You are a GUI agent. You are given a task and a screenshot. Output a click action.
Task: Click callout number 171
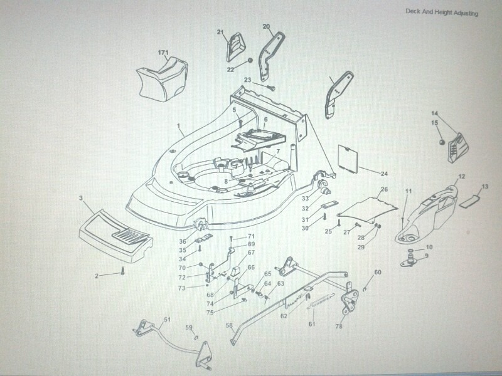point(163,52)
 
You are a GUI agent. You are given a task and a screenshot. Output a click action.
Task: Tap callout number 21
point(220,32)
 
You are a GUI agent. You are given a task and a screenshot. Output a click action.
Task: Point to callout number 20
point(266,26)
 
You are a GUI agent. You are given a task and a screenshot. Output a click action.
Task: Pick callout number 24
point(384,173)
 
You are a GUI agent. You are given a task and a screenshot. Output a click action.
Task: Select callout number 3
point(81,198)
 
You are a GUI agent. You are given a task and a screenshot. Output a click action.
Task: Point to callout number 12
point(461,177)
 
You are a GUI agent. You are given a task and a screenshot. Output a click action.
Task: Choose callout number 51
point(167,320)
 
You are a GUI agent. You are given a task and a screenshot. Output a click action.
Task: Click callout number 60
point(378,272)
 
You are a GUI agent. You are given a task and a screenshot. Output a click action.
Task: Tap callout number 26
point(384,189)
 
